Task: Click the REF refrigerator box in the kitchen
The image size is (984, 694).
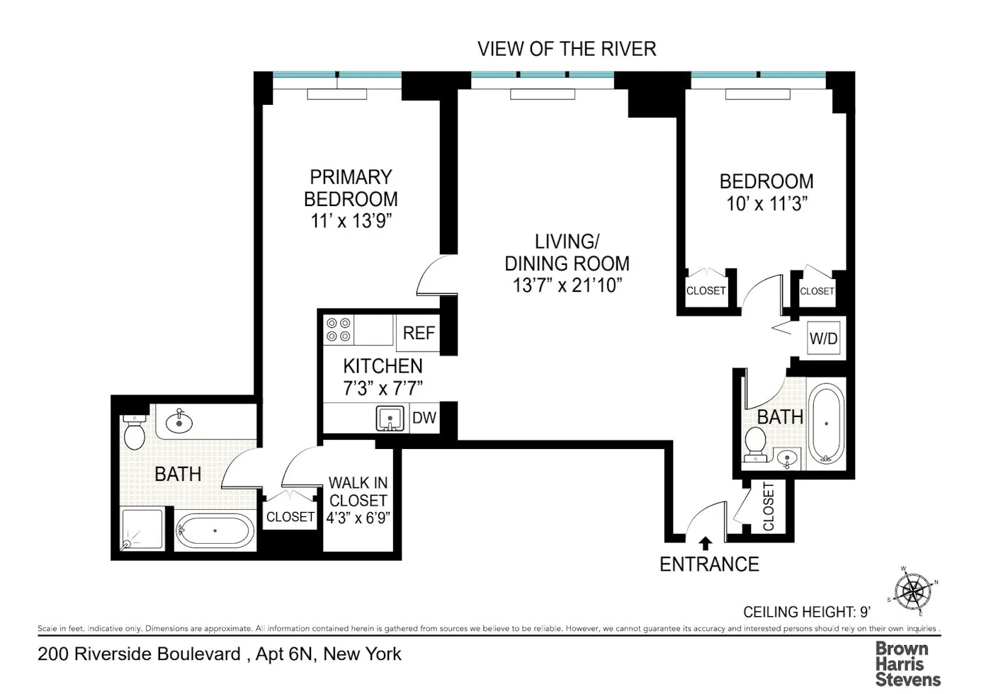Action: click(x=419, y=333)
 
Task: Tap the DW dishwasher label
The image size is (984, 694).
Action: click(x=424, y=418)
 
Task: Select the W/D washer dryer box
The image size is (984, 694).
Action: click(x=823, y=339)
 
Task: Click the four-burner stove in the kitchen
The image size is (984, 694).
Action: click(x=338, y=330)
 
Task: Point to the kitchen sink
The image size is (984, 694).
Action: click(x=390, y=419)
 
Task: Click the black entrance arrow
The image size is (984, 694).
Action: click(x=705, y=543)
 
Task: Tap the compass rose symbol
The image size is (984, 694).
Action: click(x=912, y=590)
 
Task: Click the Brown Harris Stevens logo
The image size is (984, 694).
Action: click(x=907, y=664)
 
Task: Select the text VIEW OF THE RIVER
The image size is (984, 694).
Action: click(x=567, y=49)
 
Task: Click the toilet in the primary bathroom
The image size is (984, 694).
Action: click(x=134, y=432)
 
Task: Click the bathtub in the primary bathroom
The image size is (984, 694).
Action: click(x=215, y=530)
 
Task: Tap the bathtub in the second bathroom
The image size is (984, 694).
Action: click(x=826, y=423)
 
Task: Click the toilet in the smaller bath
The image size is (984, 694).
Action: click(x=755, y=445)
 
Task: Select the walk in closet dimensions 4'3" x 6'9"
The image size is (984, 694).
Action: click(x=358, y=518)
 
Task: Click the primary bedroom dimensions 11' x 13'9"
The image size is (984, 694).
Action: click(x=351, y=221)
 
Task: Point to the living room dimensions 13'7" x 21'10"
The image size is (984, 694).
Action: click(x=567, y=285)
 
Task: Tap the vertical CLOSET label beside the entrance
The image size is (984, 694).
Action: click(x=769, y=506)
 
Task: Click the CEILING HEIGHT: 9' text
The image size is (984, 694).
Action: click(x=806, y=612)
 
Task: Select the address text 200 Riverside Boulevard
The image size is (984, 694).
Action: click(x=139, y=654)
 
